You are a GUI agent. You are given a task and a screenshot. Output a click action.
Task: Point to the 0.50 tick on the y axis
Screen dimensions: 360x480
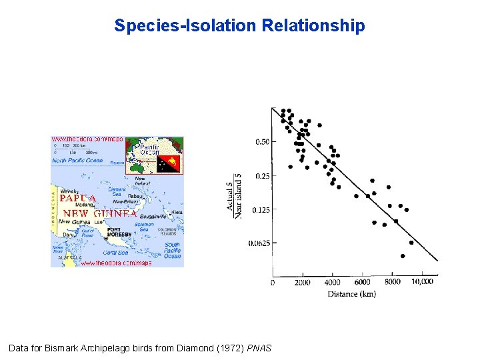click(262, 142)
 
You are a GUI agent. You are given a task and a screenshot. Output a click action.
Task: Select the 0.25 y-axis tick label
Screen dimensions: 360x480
click(262, 176)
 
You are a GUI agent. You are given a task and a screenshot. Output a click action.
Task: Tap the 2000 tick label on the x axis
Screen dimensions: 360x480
click(302, 283)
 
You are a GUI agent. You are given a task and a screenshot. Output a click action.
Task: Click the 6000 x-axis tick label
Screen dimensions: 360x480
click(362, 283)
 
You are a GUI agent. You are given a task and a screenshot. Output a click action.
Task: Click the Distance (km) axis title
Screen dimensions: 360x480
click(351, 294)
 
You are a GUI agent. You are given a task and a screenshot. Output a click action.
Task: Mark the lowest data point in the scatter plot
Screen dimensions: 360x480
click(403, 256)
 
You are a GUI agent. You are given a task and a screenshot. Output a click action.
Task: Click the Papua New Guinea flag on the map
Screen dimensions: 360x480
click(169, 162)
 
